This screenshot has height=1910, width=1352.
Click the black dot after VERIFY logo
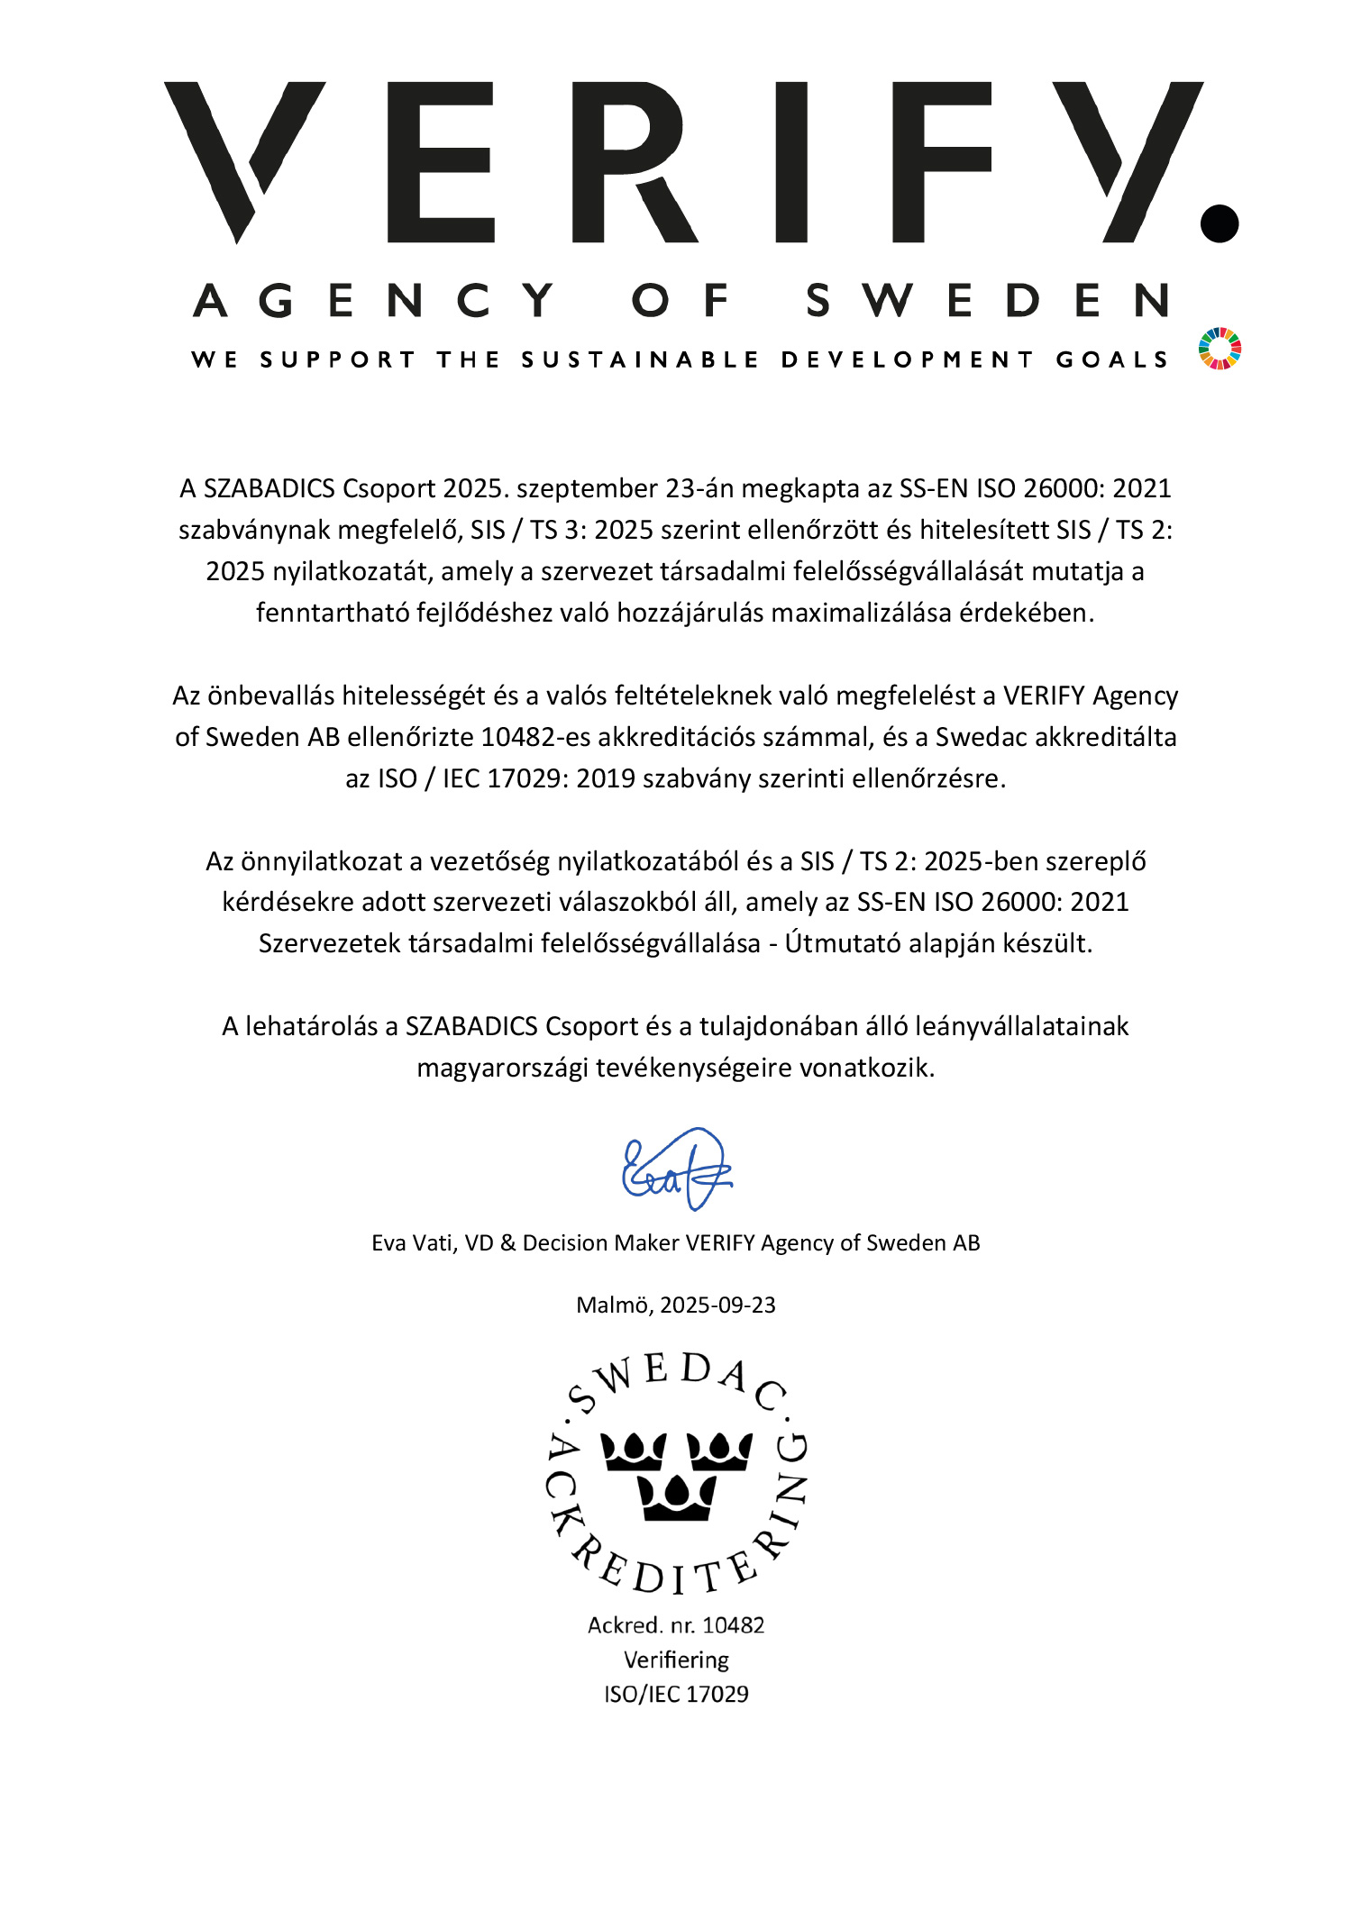1220,223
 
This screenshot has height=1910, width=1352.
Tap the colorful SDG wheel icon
1220,349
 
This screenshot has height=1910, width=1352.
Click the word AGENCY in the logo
374,300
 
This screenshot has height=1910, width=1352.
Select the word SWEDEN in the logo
988,300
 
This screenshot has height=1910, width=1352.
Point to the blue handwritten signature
677,1169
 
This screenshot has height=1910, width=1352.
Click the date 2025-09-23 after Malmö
717,1305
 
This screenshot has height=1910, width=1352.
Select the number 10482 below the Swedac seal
733,1625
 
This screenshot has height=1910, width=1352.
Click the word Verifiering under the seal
676,1660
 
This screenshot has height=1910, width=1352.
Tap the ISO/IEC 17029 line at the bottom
676,1694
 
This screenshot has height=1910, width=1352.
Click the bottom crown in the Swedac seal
676,1496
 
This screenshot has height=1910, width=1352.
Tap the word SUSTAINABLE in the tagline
640,360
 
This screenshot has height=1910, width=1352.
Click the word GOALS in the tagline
1111,360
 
